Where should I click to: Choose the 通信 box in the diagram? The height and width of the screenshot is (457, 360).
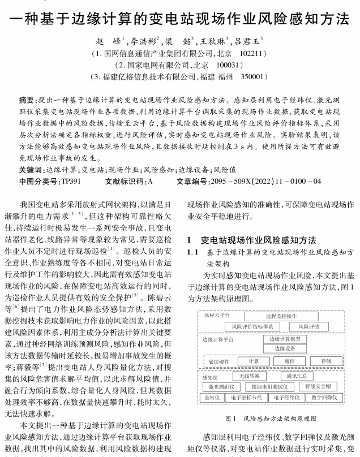289,361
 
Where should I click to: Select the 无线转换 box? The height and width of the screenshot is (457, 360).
249,376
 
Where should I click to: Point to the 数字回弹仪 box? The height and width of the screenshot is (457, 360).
324,398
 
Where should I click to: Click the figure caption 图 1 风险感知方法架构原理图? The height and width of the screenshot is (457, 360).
271,419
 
